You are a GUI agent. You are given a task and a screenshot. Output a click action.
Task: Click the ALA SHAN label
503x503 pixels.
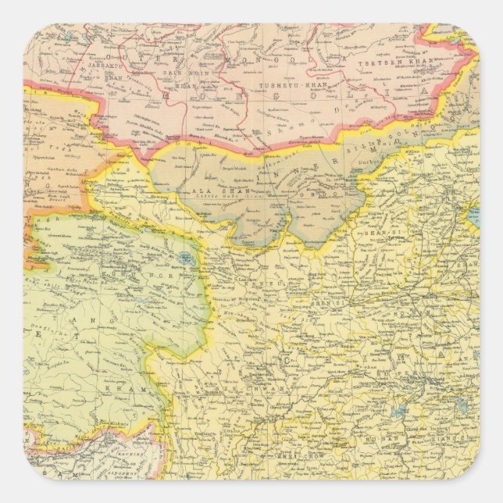pos(206,190)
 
